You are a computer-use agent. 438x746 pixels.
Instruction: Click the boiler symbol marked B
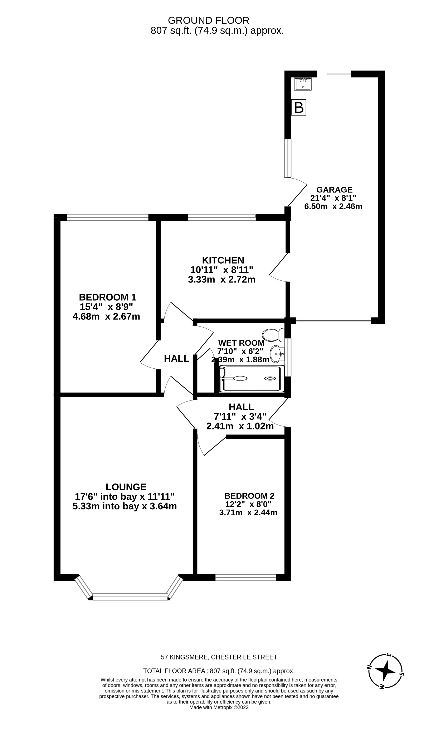(x=298, y=107)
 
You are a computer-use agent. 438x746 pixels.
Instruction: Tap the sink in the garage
(x=303, y=84)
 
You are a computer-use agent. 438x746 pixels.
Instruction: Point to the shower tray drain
(x=270, y=378)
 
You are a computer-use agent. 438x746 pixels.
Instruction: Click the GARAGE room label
(x=334, y=190)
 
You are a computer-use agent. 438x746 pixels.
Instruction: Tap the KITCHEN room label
(x=223, y=260)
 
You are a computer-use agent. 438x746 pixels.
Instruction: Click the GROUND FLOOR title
(x=209, y=20)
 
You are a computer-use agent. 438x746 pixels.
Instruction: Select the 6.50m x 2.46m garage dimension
(x=333, y=206)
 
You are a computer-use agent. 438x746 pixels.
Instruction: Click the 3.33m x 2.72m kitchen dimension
(x=222, y=279)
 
